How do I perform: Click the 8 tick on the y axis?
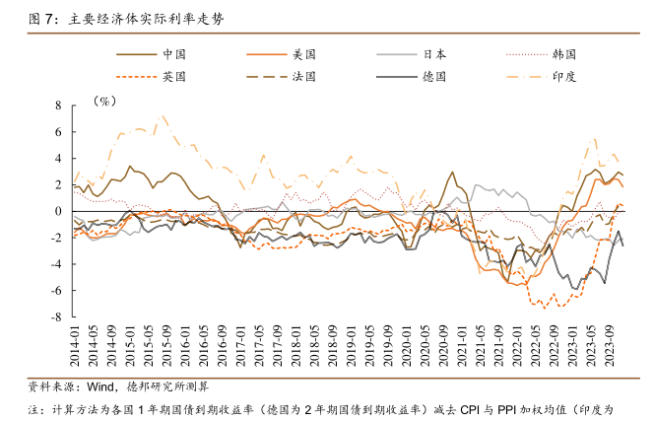58,104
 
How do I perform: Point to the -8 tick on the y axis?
56,317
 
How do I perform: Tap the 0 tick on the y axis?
58,211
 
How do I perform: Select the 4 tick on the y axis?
58,158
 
